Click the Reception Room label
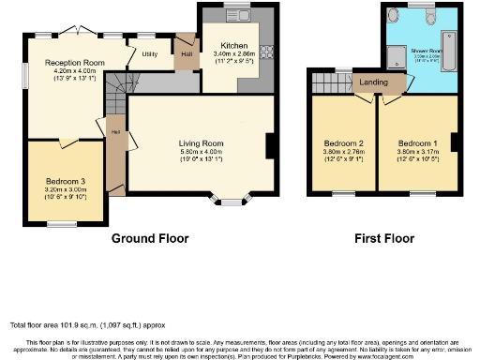[x=75, y=63]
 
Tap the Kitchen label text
[x=233, y=46]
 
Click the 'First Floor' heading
[x=383, y=238]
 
